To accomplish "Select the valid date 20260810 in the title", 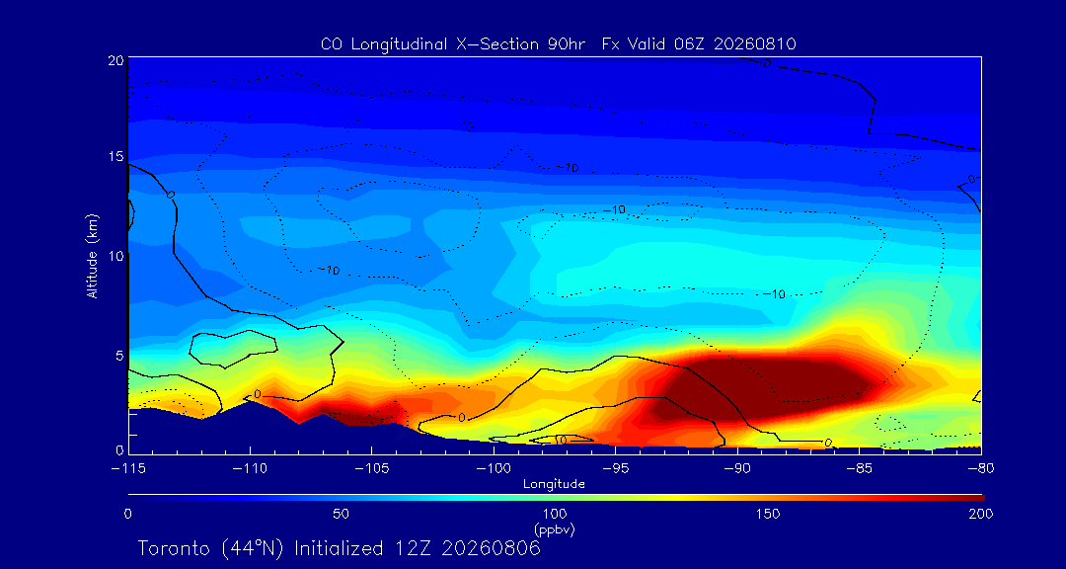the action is [759, 44].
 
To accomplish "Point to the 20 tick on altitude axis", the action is [114, 59].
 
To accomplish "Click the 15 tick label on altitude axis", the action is [114, 156].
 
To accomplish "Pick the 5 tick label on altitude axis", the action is [119, 355].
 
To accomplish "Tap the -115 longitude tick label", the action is [128, 468].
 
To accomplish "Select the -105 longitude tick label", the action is [371, 468].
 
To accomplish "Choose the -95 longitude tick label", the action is [615, 468].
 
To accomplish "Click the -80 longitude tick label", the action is [980, 468].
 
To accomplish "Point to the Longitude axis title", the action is [554, 485].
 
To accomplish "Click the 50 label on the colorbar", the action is [342, 514].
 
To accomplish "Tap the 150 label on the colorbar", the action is [768, 514].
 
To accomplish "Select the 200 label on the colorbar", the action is [980, 514].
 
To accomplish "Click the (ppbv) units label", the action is [554, 528].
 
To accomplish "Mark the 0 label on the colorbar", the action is [127, 514].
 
